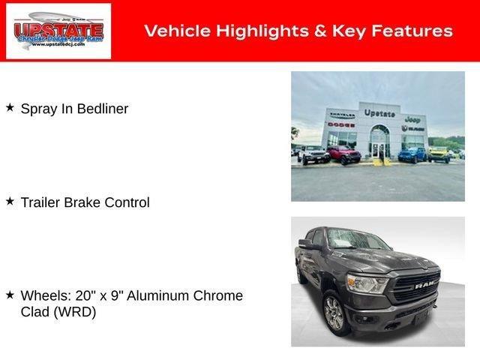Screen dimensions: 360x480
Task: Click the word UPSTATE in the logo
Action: pos(58,30)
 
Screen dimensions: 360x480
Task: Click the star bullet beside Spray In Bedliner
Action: pos(10,108)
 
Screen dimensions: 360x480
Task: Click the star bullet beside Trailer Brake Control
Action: pos(10,201)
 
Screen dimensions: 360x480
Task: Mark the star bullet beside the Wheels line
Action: pos(10,295)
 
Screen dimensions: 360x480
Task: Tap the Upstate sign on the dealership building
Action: pos(379,112)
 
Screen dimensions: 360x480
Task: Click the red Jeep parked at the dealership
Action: pos(343,154)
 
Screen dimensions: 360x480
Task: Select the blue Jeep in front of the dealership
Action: pos(412,154)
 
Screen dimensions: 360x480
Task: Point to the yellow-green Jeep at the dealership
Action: pos(438,154)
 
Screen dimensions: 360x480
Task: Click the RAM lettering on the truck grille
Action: pos(427,286)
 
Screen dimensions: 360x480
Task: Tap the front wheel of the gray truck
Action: pos(334,313)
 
